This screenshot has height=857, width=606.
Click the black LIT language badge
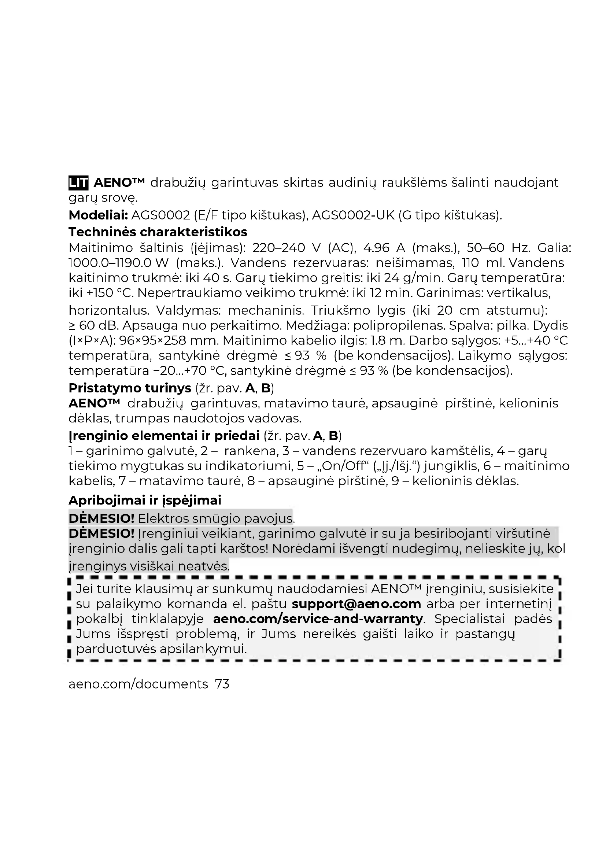(x=78, y=182)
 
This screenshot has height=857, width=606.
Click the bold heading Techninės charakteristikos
(x=158, y=232)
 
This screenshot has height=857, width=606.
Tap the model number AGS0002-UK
(x=353, y=215)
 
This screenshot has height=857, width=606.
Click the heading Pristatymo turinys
(x=130, y=388)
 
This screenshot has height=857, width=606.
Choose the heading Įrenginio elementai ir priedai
(x=164, y=436)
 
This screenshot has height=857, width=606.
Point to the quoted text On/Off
(x=344, y=466)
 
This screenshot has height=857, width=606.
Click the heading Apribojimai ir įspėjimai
(x=145, y=500)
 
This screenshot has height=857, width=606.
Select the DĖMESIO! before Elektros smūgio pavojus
(x=101, y=518)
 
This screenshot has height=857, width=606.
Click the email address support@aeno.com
(x=356, y=604)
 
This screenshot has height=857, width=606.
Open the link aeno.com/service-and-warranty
(x=318, y=619)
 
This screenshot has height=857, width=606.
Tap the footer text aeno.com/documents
(x=138, y=684)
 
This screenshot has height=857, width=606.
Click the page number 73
(x=222, y=684)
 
